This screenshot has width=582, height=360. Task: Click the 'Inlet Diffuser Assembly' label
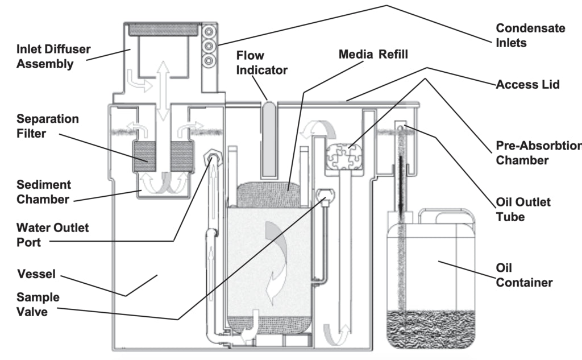pyautogui.click(x=53, y=56)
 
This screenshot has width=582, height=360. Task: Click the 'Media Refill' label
pyautogui.click(x=373, y=55)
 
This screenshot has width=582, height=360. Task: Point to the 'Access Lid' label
pyautogui.click(x=527, y=85)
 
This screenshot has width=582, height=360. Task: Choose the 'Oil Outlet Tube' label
pyautogui.click(x=523, y=209)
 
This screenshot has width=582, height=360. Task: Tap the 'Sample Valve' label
pyautogui.click(x=38, y=304)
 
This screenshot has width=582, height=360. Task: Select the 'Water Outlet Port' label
pyautogui.click(x=52, y=235)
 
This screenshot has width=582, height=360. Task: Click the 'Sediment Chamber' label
pyautogui.click(x=44, y=192)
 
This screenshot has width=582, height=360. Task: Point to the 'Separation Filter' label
pyautogui.click(x=47, y=126)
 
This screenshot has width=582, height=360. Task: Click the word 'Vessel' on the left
pyautogui.click(x=36, y=274)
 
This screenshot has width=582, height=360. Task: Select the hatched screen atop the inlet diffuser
pyautogui.click(x=163, y=30)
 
